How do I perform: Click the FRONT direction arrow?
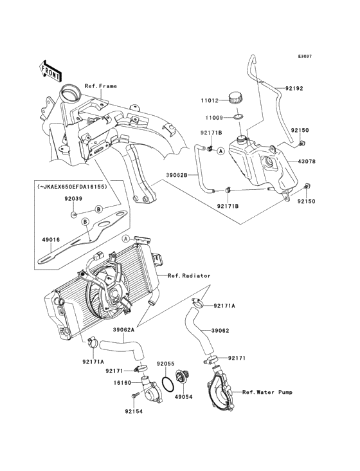[x=50, y=71]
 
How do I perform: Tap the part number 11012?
[x=210, y=101]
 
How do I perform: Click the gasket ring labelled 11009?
[x=239, y=117]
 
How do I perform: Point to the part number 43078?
[x=307, y=162]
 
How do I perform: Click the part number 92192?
[x=294, y=88]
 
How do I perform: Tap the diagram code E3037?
[x=305, y=56]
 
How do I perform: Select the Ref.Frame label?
[x=100, y=86]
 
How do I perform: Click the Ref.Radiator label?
[x=189, y=275]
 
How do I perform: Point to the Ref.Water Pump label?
[x=267, y=392]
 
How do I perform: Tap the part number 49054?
[x=184, y=397]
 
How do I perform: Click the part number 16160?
[x=122, y=383]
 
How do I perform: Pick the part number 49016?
[x=51, y=240]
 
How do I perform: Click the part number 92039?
[x=73, y=199]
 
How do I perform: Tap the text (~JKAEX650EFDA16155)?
[x=72, y=187]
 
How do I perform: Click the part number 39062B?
[x=177, y=174]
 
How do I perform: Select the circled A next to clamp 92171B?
[x=221, y=151]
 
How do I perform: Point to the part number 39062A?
[x=123, y=329]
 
